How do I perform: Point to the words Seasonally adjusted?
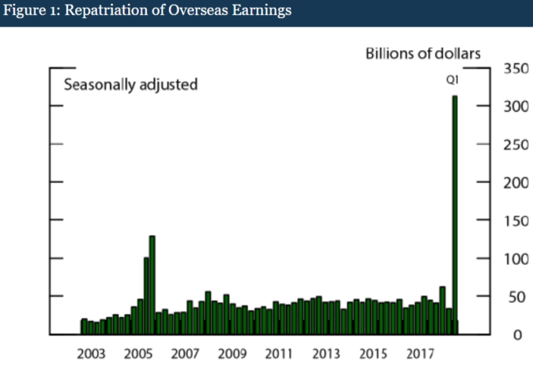(x=130, y=85)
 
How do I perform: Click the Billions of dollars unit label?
(x=422, y=53)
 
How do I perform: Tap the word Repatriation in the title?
(x=96, y=12)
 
